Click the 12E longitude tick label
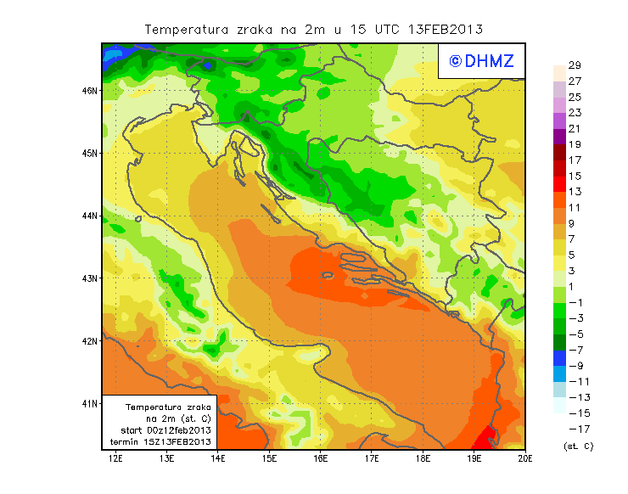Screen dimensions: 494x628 point(115,458)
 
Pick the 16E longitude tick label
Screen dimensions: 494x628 point(321,458)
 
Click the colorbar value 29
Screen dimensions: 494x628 point(575,65)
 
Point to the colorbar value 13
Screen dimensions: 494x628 point(575,192)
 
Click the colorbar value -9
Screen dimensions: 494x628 point(575,366)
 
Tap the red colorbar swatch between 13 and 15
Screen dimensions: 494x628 point(558,183)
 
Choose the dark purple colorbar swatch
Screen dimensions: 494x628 point(558,136)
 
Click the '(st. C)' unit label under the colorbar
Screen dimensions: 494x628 point(578,446)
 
